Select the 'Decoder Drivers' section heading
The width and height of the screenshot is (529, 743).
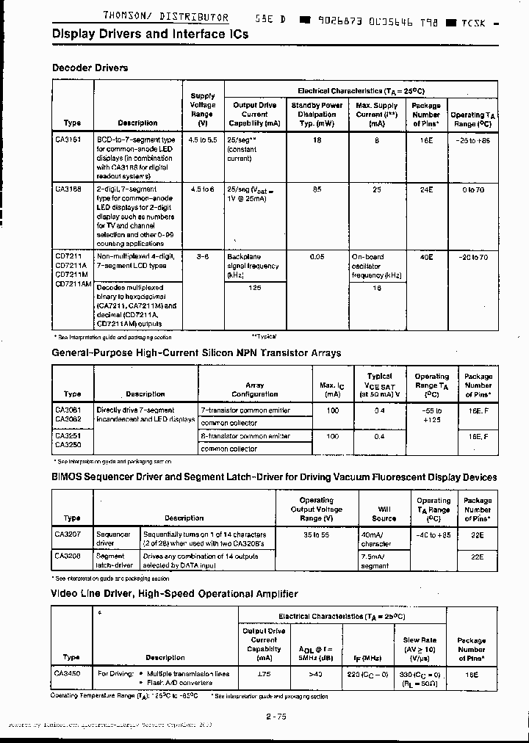pyautogui.click(x=90, y=68)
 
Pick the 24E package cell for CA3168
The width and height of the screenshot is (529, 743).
pyautogui.click(x=425, y=189)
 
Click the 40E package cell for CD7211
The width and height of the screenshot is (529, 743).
pyautogui.click(x=425, y=257)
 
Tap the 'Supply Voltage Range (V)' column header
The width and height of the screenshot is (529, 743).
pyautogui.click(x=203, y=109)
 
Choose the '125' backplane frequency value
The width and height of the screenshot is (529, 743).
pyautogui.click(x=254, y=289)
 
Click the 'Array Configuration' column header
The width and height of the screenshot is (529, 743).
pyautogui.click(x=254, y=389)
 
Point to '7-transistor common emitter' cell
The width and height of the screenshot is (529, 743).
pyautogui.click(x=245, y=410)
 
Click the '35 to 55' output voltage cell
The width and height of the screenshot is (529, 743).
pyautogui.click(x=317, y=534)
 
